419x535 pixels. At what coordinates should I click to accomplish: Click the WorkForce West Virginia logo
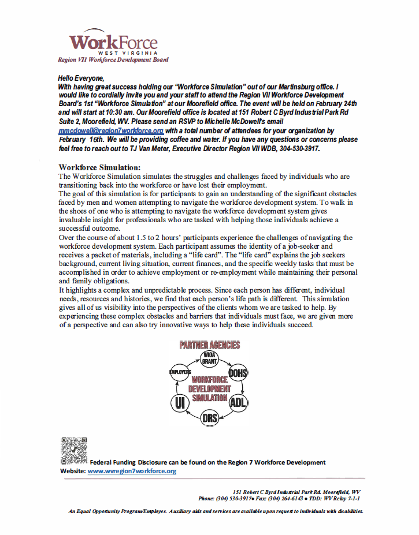(113, 43)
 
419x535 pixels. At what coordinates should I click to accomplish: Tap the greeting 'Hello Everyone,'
(81, 77)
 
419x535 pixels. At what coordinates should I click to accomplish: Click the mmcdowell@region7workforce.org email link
(110, 131)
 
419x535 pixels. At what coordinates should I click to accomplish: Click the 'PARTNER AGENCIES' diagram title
(210, 345)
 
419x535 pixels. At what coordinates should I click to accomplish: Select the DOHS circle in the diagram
(238, 374)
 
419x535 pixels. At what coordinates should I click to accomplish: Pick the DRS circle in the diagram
(210, 417)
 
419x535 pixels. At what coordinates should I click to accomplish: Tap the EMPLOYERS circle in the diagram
(179, 373)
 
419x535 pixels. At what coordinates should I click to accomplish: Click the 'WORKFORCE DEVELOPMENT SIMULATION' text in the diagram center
(210, 389)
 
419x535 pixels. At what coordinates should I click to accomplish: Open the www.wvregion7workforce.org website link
(132, 471)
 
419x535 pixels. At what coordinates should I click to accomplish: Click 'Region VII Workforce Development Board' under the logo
(113, 59)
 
